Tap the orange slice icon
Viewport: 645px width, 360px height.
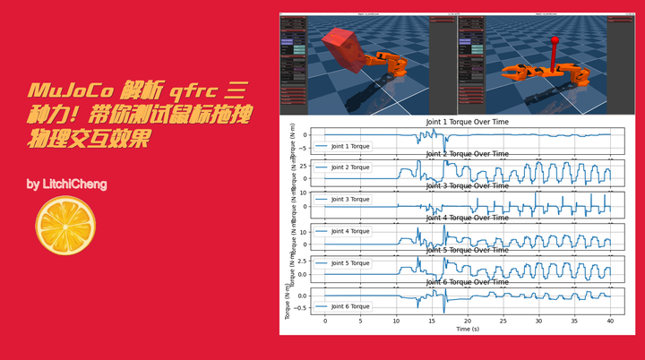click(x=65, y=224)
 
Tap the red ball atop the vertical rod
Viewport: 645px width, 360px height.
click(x=554, y=39)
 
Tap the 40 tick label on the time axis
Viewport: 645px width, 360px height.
click(x=609, y=321)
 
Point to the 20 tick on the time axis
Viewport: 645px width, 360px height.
click(x=467, y=321)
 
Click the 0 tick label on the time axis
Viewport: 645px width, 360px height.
click(x=325, y=321)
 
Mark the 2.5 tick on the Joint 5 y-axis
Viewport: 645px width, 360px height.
click(x=302, y=261)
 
